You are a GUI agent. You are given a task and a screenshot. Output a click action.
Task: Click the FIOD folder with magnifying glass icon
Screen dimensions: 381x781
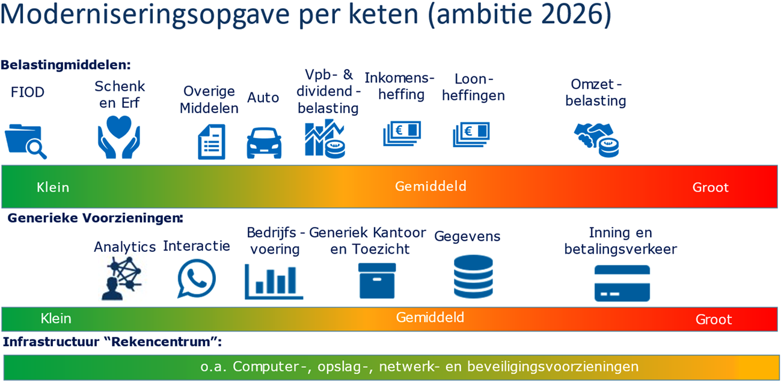click(25, 140)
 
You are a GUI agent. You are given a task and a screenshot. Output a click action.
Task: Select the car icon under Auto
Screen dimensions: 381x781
click(264, 143)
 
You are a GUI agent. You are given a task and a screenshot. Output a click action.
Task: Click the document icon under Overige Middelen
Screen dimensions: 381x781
click(212, 142)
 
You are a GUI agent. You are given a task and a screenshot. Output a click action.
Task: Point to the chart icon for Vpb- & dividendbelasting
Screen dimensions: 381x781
click(325, 139)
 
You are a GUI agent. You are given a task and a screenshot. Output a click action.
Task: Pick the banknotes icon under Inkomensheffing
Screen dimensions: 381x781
click(402, 134)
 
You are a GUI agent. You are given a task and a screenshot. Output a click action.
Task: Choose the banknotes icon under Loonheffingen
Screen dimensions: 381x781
click(471, 135)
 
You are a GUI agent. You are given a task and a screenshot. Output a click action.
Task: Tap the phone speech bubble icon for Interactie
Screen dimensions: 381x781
click(197, 279)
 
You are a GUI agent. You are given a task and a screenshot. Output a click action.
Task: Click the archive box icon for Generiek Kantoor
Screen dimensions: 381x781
click(377, 280)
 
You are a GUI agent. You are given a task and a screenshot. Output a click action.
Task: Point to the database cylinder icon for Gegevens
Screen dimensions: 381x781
click(473, 277)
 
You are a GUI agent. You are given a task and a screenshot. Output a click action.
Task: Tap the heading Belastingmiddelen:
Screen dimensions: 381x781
click(66, 65)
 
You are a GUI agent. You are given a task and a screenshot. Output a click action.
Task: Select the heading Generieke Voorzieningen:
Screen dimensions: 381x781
click(95, 218)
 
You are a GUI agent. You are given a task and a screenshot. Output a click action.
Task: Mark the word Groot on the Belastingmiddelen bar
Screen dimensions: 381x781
click(710, 187)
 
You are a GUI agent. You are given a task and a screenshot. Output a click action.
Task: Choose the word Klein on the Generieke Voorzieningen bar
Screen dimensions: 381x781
click(56, 319)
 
